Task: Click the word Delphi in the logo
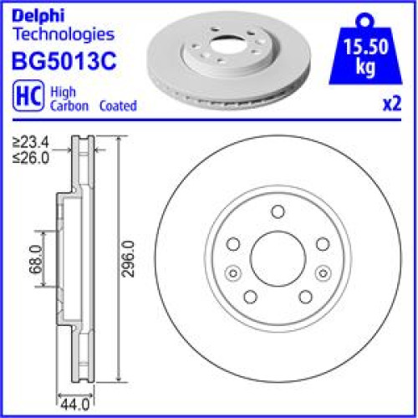(38, 16)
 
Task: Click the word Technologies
(64, 35)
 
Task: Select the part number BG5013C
(64, 61)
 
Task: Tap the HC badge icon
(28, 95)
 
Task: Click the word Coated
(118, 106)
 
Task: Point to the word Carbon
(69, 106)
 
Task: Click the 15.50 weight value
(366, 47)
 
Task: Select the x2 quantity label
(392, 104)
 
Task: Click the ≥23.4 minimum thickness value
(31, 143)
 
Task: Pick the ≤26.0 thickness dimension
(31, 158)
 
